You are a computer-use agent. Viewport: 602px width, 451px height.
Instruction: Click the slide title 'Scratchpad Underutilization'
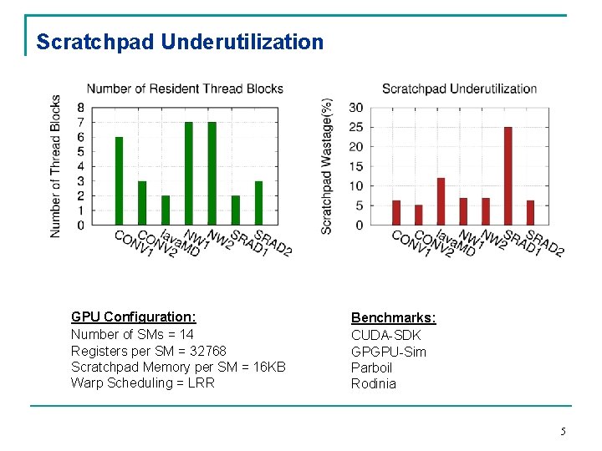180,42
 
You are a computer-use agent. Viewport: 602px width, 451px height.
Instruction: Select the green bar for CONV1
119,181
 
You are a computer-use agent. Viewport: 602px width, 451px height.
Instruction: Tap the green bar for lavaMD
166,210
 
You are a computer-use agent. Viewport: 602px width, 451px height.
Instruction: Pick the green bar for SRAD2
259,203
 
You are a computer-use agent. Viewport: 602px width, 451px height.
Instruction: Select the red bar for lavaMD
441,201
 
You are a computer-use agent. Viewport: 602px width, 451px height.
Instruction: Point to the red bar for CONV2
418,215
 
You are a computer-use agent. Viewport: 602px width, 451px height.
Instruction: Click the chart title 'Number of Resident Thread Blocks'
185,89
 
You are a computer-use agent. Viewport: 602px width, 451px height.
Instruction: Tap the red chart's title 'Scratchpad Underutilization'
459,89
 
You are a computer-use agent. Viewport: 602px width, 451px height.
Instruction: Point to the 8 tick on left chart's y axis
80,107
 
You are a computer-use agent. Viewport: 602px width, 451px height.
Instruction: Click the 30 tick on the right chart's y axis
355,107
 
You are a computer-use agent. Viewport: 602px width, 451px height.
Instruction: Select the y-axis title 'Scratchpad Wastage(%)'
327,166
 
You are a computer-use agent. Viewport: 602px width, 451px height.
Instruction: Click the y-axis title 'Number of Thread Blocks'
55,166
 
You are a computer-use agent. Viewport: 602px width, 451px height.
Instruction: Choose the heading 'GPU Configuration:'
134,317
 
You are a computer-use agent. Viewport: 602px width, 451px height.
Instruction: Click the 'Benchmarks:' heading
393,317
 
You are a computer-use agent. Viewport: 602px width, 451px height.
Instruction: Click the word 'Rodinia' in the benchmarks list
374,383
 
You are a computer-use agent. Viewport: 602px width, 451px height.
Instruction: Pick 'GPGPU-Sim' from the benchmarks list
388,351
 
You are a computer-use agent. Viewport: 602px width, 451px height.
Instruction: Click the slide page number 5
563,431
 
